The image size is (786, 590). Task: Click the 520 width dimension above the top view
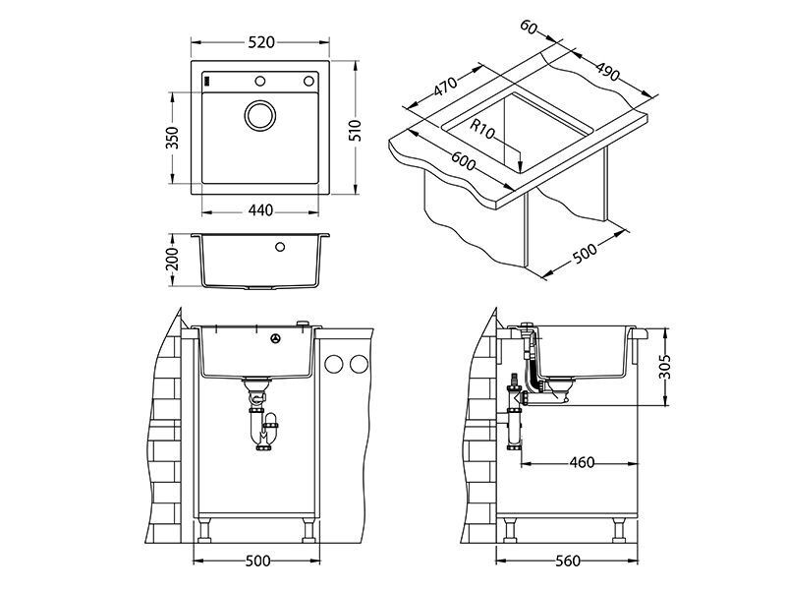point(261,42)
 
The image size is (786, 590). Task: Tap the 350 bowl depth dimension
point(172,138)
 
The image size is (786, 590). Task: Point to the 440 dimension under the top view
point(261,211)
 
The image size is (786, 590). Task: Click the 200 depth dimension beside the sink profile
point(172,260)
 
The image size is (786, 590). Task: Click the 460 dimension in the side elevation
point(582,462)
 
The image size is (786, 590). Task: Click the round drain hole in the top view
point(261,114)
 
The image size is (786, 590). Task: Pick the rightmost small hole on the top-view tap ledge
point(309,81)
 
